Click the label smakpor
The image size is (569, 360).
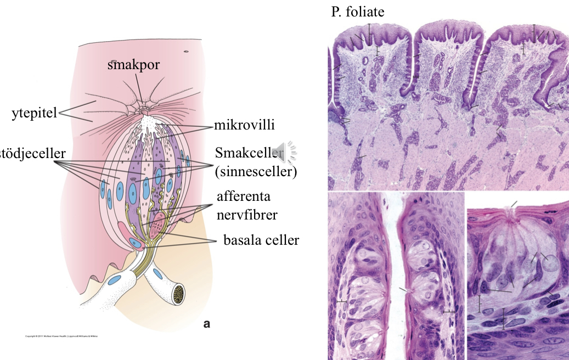click(x=134, y=65)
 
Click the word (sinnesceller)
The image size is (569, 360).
click(x=256, y=172)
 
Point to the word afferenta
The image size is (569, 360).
click(x=244, y=196)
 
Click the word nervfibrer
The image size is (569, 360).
click(x=246, y=215)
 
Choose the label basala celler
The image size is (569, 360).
click(x=261, y=240)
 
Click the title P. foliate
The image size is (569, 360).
click(x=358, y=12)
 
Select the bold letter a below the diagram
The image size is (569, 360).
click(x=207, y=324)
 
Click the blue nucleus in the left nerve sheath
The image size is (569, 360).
click(x=115, y=280)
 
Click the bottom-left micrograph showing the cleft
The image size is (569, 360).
click(x=396, y=275)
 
